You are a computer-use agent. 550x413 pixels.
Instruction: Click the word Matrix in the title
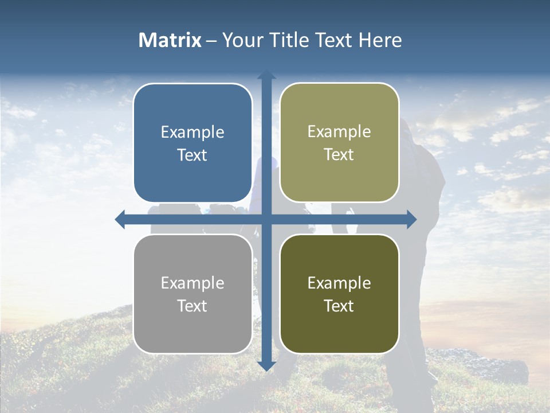click(170, 40)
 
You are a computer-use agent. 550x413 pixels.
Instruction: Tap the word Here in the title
click(380, 40)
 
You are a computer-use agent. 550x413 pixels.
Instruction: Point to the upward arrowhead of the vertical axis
click(266, 75)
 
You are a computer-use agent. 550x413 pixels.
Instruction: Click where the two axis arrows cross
click(266, 219)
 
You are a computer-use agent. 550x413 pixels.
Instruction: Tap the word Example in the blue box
click(192, 133)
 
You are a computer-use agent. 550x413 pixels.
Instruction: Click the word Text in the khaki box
click(339, 155)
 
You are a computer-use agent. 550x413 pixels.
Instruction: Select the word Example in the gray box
click(192, 283)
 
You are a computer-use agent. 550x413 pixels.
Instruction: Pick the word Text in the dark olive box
click(339, 306)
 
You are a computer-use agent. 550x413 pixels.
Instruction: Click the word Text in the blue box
click(192, 155)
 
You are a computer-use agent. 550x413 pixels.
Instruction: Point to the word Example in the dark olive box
click(339, 283)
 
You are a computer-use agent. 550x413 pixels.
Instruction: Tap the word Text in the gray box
click(192, 306)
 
